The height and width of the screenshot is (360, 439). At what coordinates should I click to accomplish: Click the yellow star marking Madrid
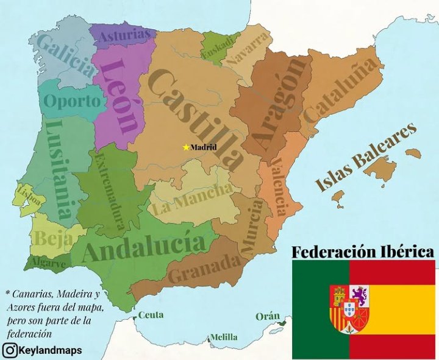pos(186,147)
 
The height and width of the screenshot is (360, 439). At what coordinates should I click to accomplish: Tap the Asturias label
pos(124,35)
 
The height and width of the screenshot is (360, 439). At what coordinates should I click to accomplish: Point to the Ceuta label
pos(150,315)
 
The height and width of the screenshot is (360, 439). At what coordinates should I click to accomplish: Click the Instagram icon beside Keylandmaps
pos(10,350)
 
